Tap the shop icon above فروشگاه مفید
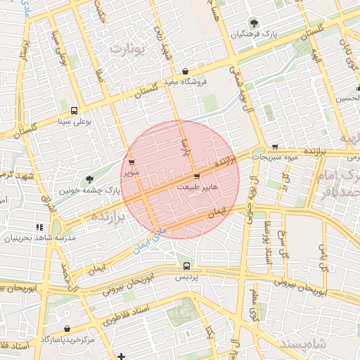185,71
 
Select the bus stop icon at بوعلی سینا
74,110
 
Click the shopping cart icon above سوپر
131,162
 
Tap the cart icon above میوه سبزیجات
275,147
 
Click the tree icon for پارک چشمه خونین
89,179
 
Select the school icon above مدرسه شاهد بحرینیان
39,227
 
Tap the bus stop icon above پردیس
186,266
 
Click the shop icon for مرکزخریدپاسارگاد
67,328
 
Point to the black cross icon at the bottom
122,356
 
